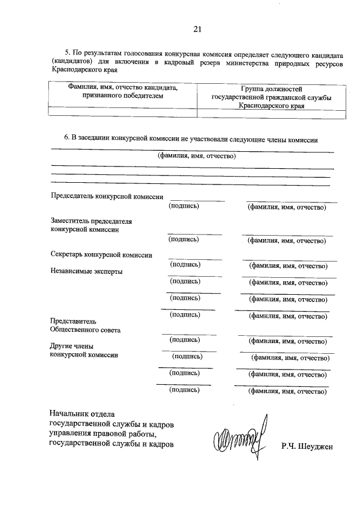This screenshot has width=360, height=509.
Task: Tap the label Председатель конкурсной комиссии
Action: click(107, 197)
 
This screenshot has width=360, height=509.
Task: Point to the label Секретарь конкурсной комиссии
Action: click(101, 255)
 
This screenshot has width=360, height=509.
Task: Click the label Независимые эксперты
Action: click(87, 272)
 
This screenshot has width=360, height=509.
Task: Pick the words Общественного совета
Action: click(85, 330)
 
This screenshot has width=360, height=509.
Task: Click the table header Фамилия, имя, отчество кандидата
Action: click(123, 88)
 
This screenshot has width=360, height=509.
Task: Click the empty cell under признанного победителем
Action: click(123, 111)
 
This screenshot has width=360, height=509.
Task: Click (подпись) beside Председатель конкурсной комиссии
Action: click(184, 206)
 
